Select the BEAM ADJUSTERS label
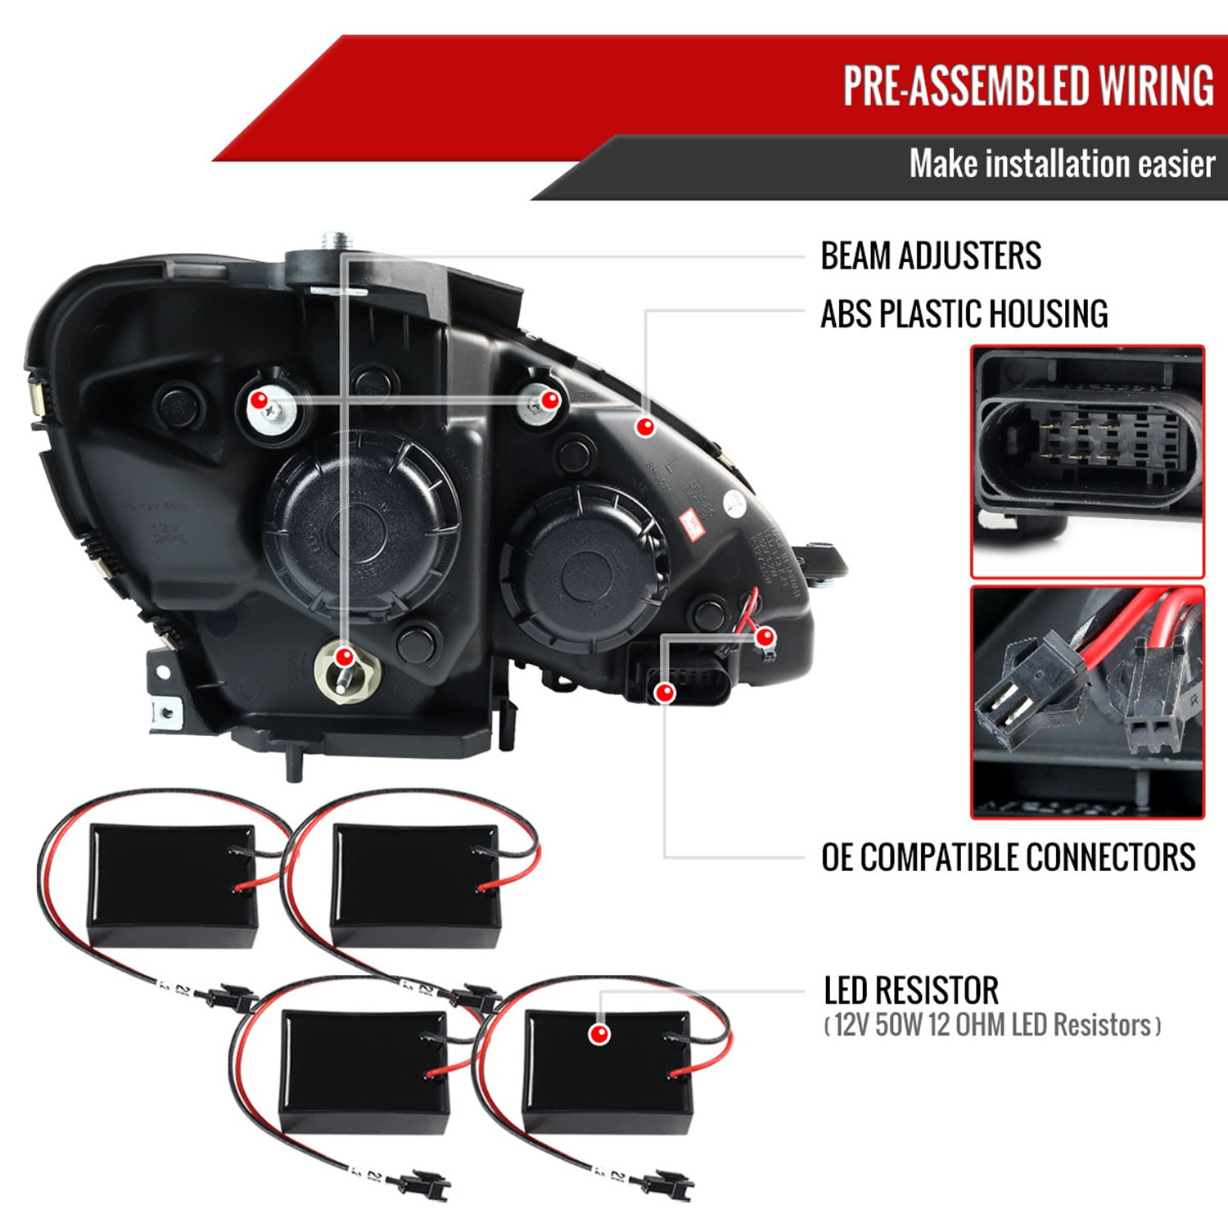click(931, 255)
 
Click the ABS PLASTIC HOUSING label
click(964, 314)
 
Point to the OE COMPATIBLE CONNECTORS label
click(1008, 857)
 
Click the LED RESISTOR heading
click(911, 991)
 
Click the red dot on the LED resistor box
click(599, 1034)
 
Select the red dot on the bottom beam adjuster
click(345, 657)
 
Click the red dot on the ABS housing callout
click(646, 426)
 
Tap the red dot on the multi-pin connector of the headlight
click(666, 693)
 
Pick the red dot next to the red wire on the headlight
click(765, 636)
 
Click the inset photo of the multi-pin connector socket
click(1087, 462)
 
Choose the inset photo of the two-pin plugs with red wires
click(1087, 702)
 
